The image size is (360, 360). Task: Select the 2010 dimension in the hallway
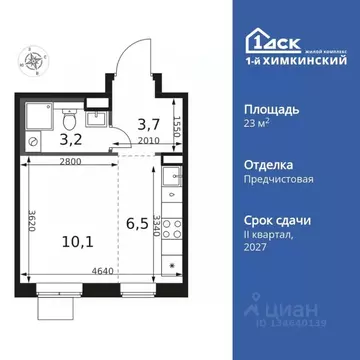[x=147, y=142]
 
